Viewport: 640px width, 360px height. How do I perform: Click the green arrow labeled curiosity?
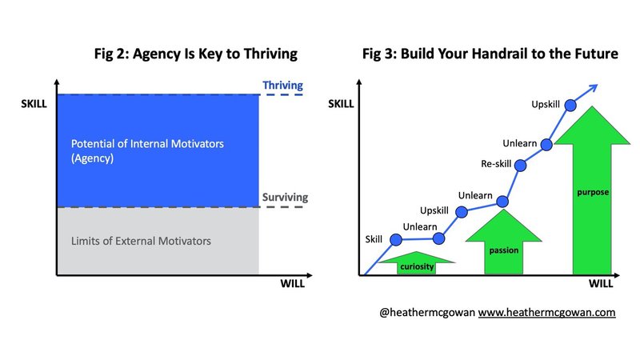tap(417, 263)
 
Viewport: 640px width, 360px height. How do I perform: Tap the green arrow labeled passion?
tap(504, 243)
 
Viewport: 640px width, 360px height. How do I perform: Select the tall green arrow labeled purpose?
tap(592, 192)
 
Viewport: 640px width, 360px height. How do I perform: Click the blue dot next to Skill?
tap(396, 239)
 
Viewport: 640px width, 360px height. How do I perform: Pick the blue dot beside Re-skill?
tap(521, 166)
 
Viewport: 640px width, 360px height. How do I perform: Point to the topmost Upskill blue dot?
tap(570, 106)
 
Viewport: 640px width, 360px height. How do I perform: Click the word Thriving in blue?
tap(282, 86)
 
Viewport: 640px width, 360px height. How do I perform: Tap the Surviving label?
tap(285, 197)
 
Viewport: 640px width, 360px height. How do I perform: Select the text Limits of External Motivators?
tap(141, 241)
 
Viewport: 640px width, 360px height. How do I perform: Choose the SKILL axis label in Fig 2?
tap(34, 104)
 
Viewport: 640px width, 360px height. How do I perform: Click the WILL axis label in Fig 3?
tap(601, 284)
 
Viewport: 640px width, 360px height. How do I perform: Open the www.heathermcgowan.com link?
tap(546, 313)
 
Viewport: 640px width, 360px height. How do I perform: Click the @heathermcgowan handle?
tap(427, 313)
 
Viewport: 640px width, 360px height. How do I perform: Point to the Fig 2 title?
tap(196, 54)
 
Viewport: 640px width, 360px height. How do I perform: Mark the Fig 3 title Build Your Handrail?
tap(490, 54)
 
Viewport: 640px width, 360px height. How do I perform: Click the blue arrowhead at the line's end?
tap(594, 88)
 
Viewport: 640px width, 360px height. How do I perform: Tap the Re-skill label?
tap(496, 164)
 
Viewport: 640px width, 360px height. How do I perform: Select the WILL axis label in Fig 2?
tap(292, 284)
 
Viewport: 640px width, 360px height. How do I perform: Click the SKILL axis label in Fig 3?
tap(341, 104)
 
